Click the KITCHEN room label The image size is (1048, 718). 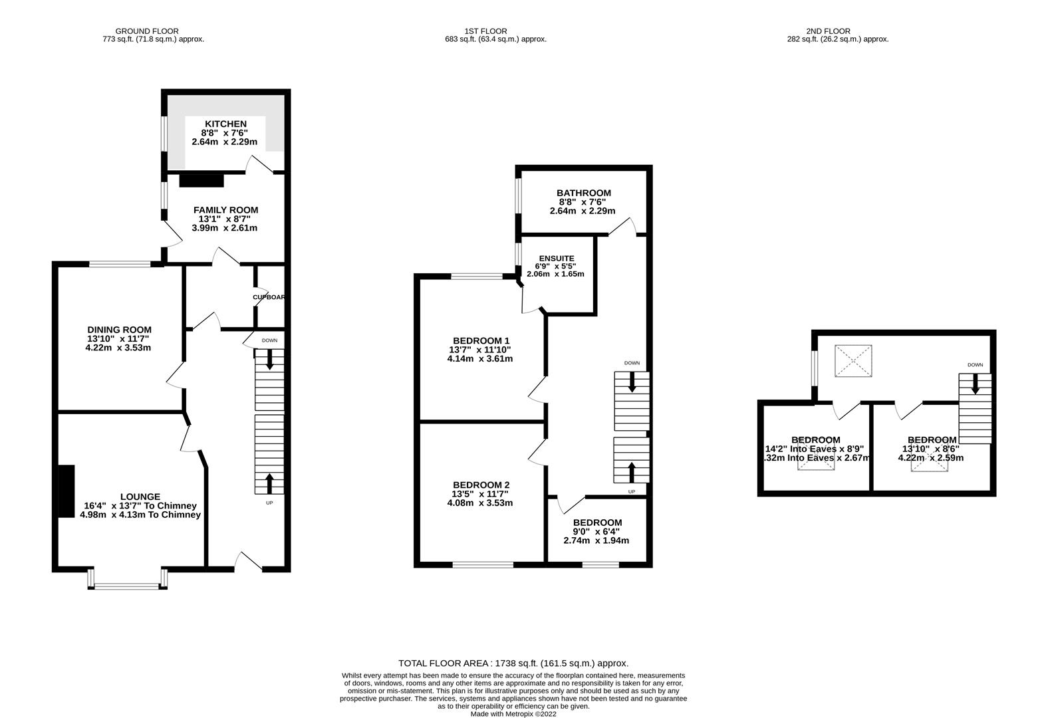click(225, 124)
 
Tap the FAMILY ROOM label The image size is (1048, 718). click(225, 210)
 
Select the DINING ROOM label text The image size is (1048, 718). click(119, 330)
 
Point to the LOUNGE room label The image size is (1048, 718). click(140, 497)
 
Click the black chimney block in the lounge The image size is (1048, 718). click(66, 491)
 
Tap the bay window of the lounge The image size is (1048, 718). click(127, 586)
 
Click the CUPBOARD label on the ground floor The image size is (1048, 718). click(269, 297)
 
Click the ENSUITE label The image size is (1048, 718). click(556, 258)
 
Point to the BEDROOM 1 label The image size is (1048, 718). click(480, 340)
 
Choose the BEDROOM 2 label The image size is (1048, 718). click(480, 485)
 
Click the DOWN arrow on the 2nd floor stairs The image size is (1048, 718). click(975, 384)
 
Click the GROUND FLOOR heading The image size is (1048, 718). click(147, 31)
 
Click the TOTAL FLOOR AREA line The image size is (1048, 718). click(513, 663)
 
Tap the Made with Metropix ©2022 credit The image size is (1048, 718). click(513, 714)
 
